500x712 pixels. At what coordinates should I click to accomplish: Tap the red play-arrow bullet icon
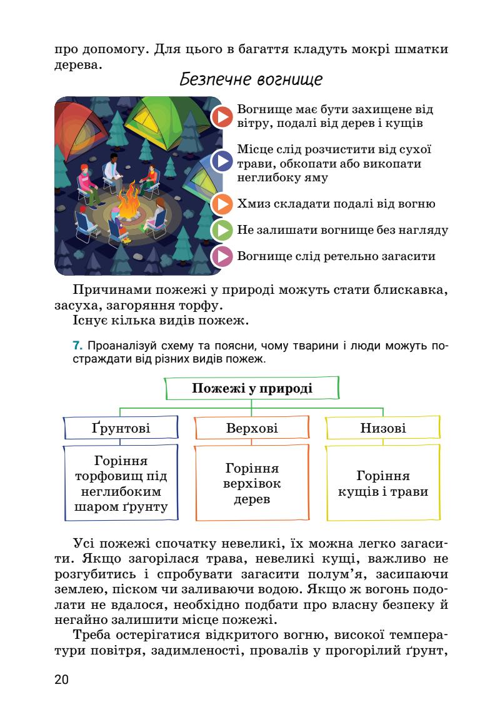tap(222, 117)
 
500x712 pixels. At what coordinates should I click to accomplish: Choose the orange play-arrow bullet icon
tap(222, 204)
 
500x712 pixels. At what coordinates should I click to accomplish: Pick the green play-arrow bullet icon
tap(222, 230)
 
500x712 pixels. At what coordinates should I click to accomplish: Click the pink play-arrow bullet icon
tap(222, 256)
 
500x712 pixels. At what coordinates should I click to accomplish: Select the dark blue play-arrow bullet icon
tap(222, 161)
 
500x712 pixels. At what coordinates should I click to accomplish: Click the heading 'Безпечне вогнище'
tap(251, 80)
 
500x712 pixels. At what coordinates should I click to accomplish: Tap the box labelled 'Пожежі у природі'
tap(252, 388)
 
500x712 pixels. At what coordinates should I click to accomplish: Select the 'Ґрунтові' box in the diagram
tap(121, 428)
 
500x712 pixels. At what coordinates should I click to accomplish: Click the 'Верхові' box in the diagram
tap(252, 428)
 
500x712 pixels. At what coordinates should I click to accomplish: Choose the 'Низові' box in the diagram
tap(382, 428)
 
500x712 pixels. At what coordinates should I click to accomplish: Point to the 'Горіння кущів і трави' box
tap(382, 483)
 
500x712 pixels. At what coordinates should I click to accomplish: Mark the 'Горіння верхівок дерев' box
tap(252, 483)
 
